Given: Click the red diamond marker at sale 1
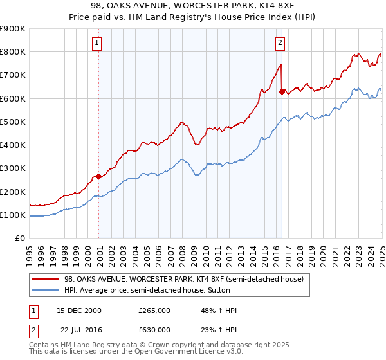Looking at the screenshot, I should tap(98, 176).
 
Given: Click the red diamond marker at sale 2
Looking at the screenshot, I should tap(282, 92).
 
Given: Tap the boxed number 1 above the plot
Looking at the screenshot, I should tap(96, 43).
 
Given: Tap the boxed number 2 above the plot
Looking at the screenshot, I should tap(280, 43).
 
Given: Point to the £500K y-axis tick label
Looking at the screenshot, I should tap(13, 122).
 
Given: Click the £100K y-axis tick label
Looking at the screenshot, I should tap(13, 215).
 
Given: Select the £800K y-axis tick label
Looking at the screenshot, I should tap(13, 51).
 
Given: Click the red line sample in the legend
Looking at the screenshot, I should tap(46, 278).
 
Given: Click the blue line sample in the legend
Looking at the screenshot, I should tap(46, 290).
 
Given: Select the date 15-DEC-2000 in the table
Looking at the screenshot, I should tap(79, 310).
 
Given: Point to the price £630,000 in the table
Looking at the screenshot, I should tap(154, 329).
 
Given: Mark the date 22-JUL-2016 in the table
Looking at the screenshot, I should tap(79, 329).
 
